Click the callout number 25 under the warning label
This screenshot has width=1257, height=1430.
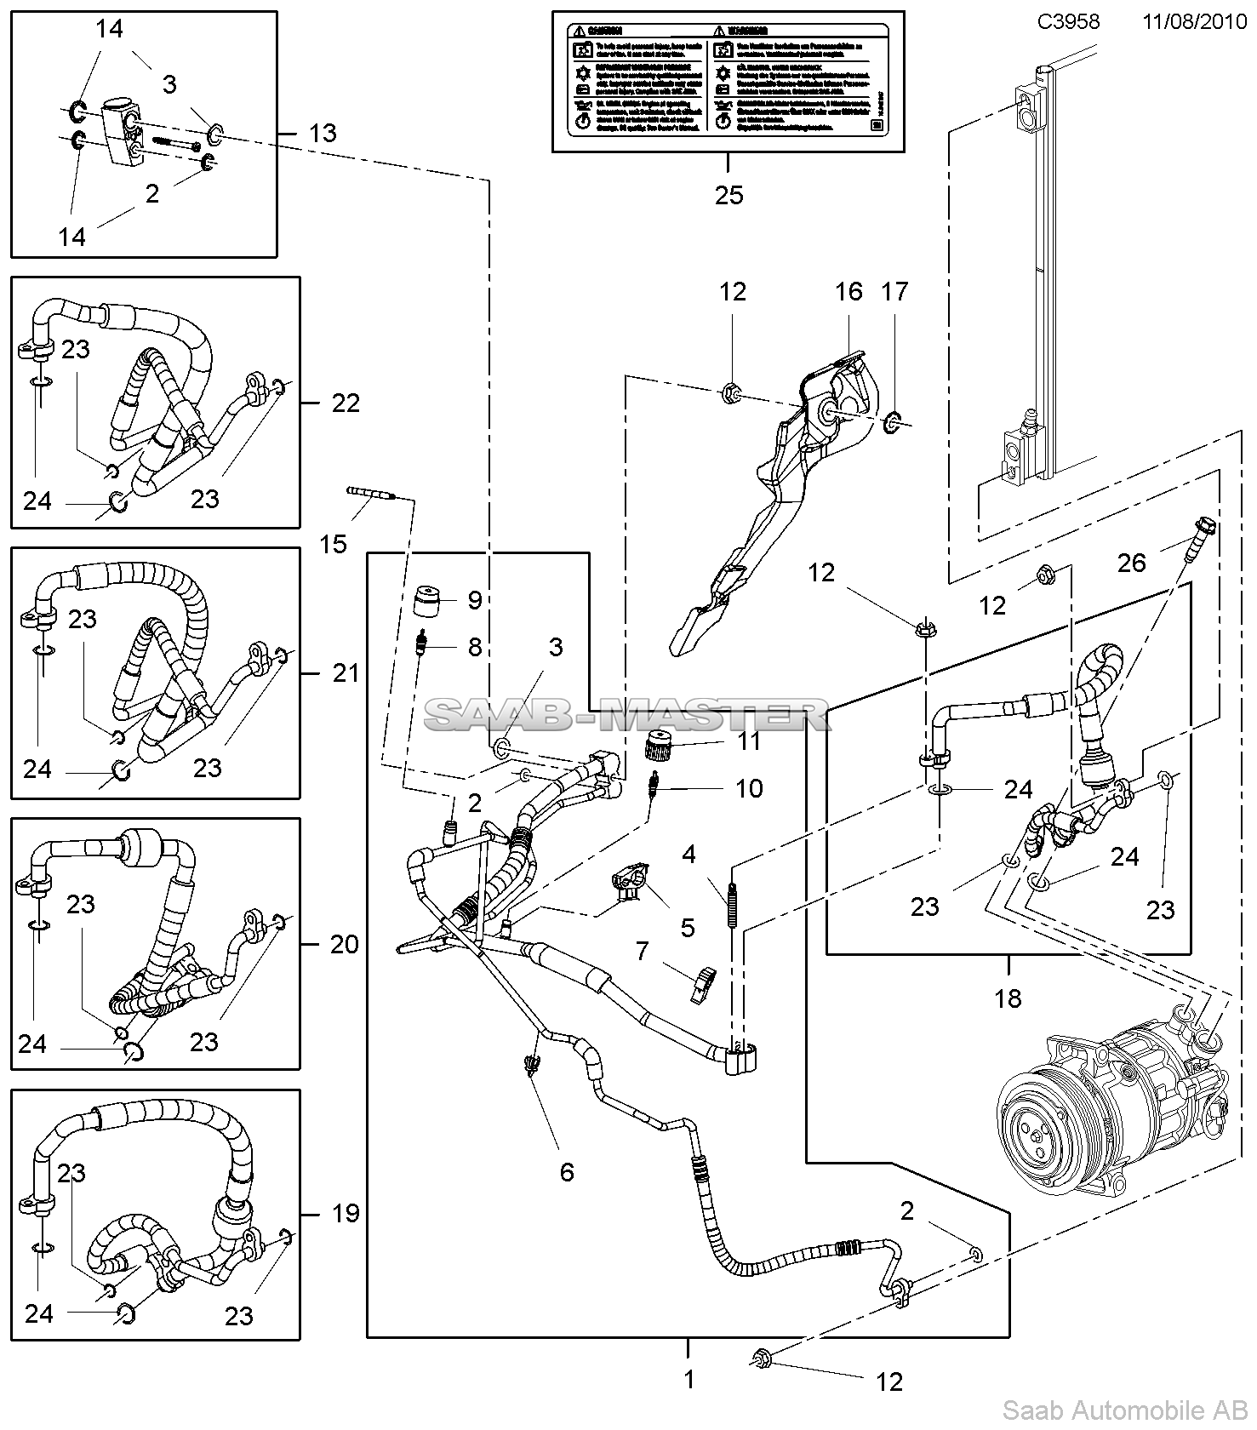click(728, 195)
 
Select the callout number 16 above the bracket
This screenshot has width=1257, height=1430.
click(848, 292)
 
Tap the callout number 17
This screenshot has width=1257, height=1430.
click(894, 292)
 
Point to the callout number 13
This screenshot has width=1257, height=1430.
click(323, 134)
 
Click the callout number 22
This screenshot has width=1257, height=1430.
click(346, 403)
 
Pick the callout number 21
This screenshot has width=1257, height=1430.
click(346, 673)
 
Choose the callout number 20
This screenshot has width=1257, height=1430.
click(344, 944)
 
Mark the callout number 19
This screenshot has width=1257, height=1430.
click(346, 1213)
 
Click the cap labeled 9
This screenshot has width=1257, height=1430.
click(431, 601)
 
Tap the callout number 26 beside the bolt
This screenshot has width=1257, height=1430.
click(1131, 562)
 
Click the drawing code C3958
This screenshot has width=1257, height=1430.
click(1067, 21)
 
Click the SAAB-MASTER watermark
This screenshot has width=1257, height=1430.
click(626, 715)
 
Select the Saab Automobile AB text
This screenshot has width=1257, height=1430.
click(1125, 1408)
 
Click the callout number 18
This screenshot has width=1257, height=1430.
click(1008, 998)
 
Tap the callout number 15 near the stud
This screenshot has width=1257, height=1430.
click(333, 544)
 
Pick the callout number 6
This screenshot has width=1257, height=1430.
click(567, 1172)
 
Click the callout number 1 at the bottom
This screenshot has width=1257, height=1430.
click(689, 1379)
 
